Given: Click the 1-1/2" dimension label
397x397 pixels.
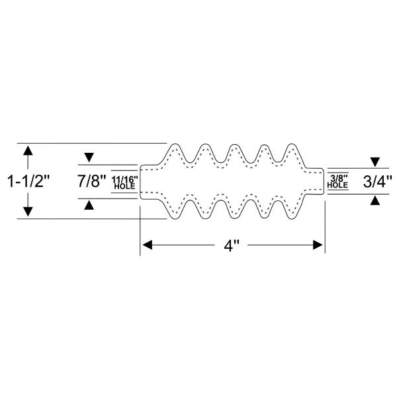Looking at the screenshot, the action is [28, 181].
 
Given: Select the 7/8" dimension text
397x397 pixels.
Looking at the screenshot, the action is [92, 181].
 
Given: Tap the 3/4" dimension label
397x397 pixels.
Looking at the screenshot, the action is [378, 181].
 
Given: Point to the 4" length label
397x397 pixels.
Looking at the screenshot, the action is [232, 245].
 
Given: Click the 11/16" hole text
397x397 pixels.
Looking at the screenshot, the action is [124, 180].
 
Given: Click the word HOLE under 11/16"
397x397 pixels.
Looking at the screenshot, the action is [124, 187].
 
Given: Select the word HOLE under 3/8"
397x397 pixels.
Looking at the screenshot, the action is [337, 185].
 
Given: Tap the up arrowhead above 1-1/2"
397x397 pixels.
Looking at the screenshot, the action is [28, 150].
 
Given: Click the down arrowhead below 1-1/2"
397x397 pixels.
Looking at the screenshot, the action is [28, 212].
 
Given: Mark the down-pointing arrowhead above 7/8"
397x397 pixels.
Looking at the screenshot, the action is [89, 157].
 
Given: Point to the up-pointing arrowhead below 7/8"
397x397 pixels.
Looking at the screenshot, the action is [89, 205].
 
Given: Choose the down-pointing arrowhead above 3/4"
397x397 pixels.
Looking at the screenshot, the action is [375, 162].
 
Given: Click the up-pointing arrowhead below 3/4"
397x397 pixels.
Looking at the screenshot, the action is [375, 200].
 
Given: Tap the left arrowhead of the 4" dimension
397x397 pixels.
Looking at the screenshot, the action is [148, 245].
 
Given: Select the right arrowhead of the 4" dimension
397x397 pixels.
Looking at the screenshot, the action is [318, 245].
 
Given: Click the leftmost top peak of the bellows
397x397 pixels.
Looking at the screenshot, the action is [175, 144].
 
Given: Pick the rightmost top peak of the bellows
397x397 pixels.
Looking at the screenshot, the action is [292, 144].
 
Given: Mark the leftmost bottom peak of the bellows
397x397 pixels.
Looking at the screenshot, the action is [175, 219].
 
